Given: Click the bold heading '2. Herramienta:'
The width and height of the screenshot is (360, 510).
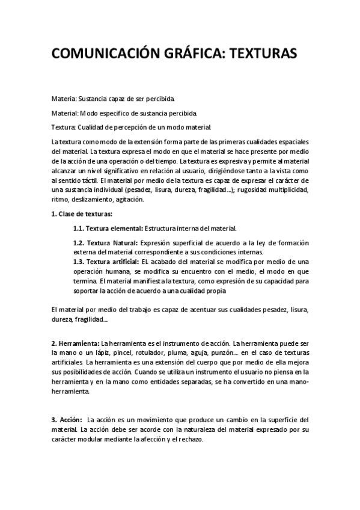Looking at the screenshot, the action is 75,343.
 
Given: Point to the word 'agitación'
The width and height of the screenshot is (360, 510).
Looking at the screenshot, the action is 129,199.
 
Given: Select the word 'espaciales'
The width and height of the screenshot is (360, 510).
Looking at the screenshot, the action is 293,141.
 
